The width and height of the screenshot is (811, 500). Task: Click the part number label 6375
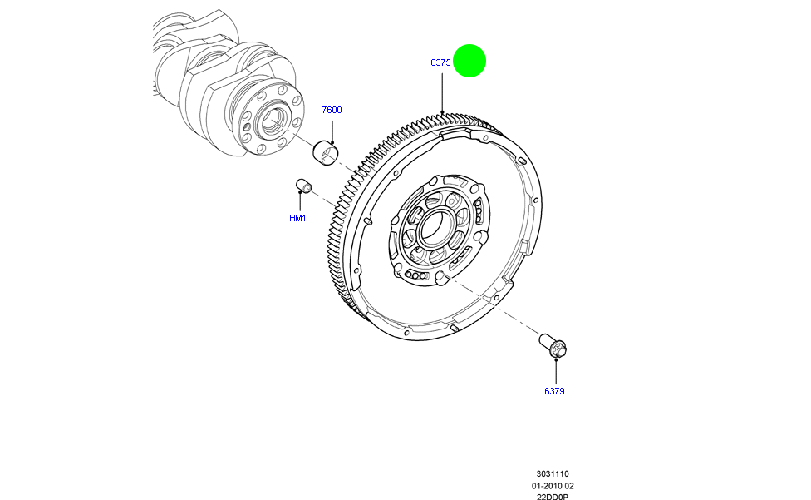click(x=440, y=62)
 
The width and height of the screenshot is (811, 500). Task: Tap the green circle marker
click(x=469, y=60)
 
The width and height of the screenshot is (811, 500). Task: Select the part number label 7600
click(x=332, y=110)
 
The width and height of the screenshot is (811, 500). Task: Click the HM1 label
click(x=297, y=218)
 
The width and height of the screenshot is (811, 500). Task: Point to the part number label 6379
click(x=555, y=390)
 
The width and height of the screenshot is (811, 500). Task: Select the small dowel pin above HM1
click(x=303, y=186)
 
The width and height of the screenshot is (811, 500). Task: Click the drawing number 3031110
click(x=553, y=473)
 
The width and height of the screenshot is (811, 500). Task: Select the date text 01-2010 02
click(x=553, y=485)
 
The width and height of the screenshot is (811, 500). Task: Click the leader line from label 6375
click(x=443, y=92)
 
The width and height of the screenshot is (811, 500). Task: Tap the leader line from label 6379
click(x=554, y=371)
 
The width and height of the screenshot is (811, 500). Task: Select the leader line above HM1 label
click(x=300, y=202)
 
